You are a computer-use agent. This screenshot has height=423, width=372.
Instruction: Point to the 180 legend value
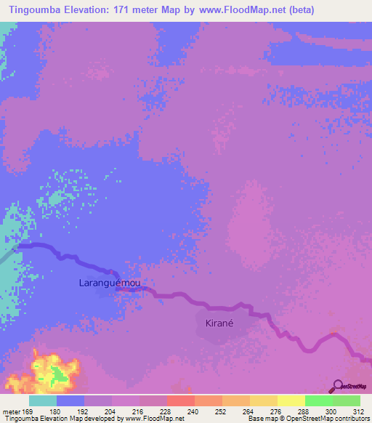click(71, 411)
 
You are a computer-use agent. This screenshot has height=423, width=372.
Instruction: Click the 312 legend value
click(347, 411)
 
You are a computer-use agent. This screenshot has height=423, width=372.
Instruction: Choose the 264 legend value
click(236, 411)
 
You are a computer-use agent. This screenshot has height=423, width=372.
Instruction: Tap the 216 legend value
click(126, 411)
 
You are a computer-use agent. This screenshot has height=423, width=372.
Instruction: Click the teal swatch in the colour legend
click(43, 400)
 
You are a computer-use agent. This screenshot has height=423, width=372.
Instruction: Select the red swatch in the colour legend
click(180, 400)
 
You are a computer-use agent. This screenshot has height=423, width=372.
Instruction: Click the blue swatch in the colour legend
click(70, 400)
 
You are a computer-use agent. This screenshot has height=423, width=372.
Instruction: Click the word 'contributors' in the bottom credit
click(348, 419)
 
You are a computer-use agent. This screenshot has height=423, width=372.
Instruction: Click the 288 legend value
click(291, 411)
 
